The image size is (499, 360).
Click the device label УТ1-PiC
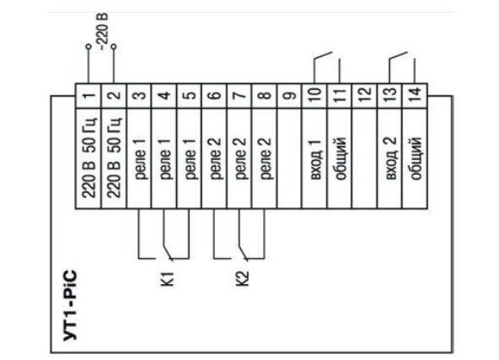pyautogui.click(x=70, y=305)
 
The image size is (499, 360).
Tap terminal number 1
pyautogui.click(x=89, y=95)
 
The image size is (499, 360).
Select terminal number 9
pyautogui.click(x=290, y=95)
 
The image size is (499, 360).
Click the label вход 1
pyautogui.click(x=316, y=159)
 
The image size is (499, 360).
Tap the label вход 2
pyautogui.click(x=391, y=159)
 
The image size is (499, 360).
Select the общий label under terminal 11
pyautogui.click(x=341, y=159)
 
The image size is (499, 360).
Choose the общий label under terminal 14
pyautogui.click(x=416, y=159)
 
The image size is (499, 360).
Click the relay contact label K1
pyautogui.click(x=168, y=279)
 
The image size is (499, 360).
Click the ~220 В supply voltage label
pyautogui.click(x=104, y=31)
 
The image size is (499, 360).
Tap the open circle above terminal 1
pyautogui.click(x=89, y=46)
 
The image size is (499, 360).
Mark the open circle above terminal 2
pyautogui.click(x=114, y=46)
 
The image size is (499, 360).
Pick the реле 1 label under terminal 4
pyautogui.click(x=165, y=159)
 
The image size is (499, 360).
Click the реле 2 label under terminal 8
pyautogui.click(x=265, y=159)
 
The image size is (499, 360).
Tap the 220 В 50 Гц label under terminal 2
pyautogui.click(x=115, y=159)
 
